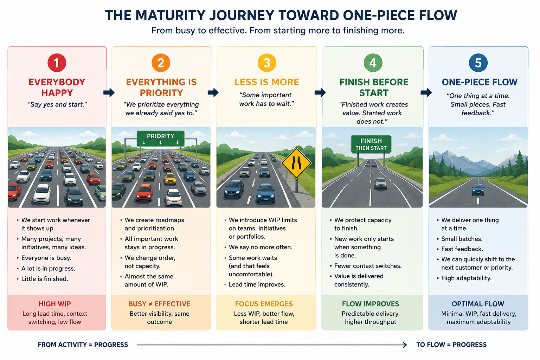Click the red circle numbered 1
[x=57, y=63]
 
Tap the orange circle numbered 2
[x=161, y=63]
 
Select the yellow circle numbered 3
[x=266, y=63]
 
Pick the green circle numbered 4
[x=373, y=63]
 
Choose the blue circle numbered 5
[x=478, y=63]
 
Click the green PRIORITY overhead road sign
[x=161, y=139]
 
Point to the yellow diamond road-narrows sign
[x=296, y=163]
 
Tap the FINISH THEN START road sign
[x=371, y=144]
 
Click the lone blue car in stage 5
[x=478, y=189]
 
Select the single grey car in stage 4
[x=381, y=184]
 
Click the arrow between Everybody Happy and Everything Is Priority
[x=109, y=92]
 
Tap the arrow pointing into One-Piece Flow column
[x=426, y=92]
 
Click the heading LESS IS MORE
[x=266, y=82]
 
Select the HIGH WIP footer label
[x=55, y=304]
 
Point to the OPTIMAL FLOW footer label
[x=478, y=304]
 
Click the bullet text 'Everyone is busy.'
[x=46, y=258]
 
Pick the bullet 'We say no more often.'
[x=261, y=247]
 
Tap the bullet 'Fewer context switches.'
[x=368, y=266]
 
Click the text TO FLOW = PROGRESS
[x=451, y=345]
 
